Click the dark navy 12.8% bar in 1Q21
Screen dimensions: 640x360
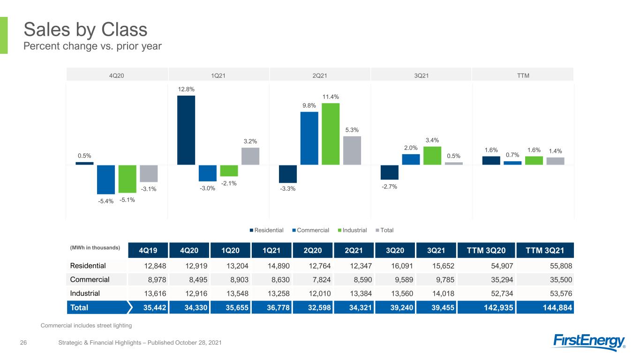click(x=186, y=130)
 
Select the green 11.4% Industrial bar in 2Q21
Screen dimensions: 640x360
click(x=331, y=134)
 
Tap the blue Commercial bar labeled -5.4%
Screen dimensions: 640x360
click(x=105, y=180)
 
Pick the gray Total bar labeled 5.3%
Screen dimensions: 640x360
click(x=352, y=150)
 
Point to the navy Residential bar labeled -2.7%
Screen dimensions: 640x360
click(x=390, y=172)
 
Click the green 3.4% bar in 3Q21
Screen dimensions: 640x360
click(x=432, y=156)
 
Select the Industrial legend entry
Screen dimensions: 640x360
click(x=352, y=230)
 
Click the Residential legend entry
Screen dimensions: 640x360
click(x=267, y=230)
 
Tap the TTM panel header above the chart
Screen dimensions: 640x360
click(x=523, y=76)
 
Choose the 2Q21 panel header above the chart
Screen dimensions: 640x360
click(x=320, y=76)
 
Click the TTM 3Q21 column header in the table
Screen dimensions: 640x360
click(x=545, y=250)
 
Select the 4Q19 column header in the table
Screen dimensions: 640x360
click(x=148, y=250)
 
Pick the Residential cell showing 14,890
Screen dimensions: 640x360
click(x=279, y=266)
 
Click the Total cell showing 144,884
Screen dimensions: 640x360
click(x=557, y=307)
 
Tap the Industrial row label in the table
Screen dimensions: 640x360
click(x=85, y=293)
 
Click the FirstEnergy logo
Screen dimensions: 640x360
click(x=589, y=342)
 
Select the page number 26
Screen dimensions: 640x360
click(x=23, y=343)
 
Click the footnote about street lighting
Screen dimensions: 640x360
click(x=86, y=325)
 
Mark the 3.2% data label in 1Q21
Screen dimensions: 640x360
click(x=250, y=141)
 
